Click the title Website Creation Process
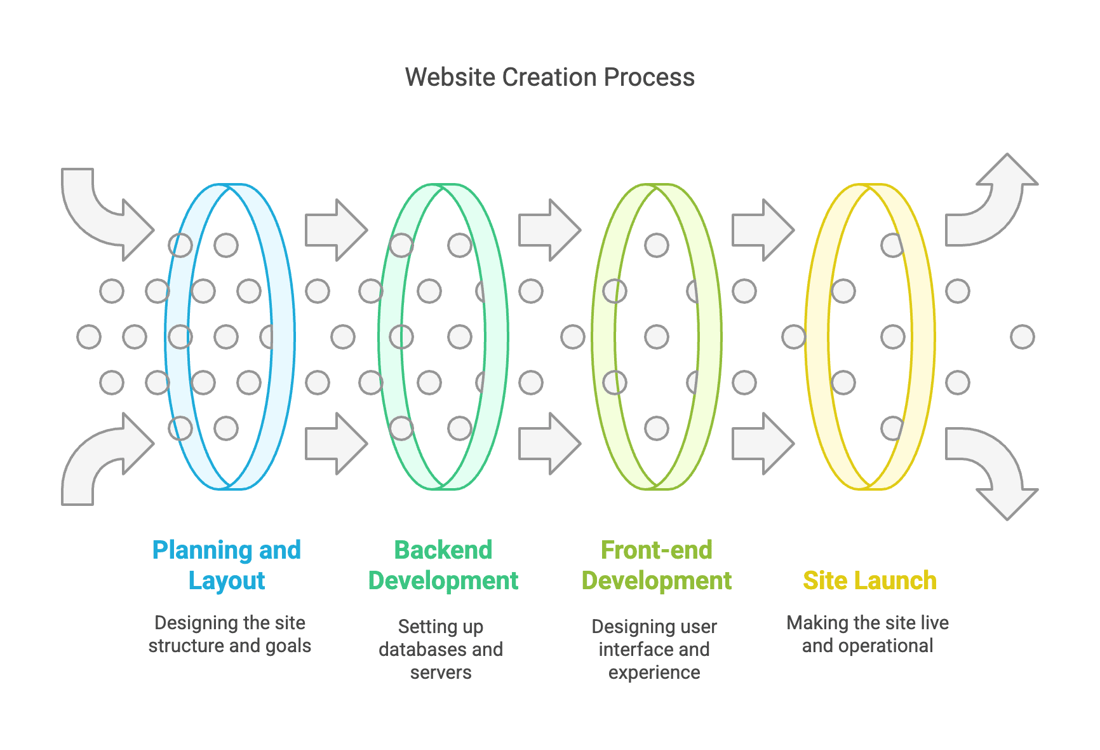(x=549, y=78)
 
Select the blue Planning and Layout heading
(x=227, y=565)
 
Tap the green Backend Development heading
(x=443, y=565)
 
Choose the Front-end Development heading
(x=656, y=565)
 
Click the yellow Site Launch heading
(x=869, y=580)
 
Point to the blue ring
(x=282, y=337)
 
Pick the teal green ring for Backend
(x=496, y=337)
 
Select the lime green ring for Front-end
(x=709, y=337)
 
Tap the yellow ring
(x=923, y=337)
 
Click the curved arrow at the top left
(x=95, y=210)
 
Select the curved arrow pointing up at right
(x=997, y=203)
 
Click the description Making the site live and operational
(x=868, y=634)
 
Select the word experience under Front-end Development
(x=654, y=672)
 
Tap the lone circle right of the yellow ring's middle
(x=1022, y=337)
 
